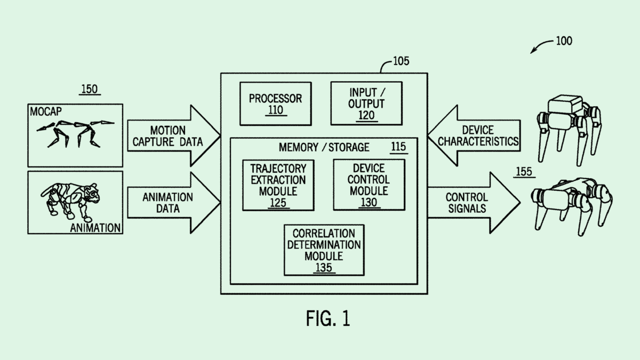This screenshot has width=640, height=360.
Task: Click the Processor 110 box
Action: [x=275, y=103]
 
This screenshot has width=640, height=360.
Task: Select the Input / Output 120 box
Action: [x=366, y=103]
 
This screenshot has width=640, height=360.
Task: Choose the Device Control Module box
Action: [x=369, y=185]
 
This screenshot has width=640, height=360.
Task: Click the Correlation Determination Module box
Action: [x=324, y=250]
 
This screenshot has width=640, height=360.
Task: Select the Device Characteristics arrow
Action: [x=475, y=136]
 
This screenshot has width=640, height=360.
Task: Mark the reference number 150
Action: [x=89, y=89]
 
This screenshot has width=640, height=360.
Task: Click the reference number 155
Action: [x=524, y=172]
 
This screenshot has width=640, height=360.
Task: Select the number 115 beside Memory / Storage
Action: [x=399, y=147]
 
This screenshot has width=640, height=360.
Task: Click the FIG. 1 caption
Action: [x=328, y=318]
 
